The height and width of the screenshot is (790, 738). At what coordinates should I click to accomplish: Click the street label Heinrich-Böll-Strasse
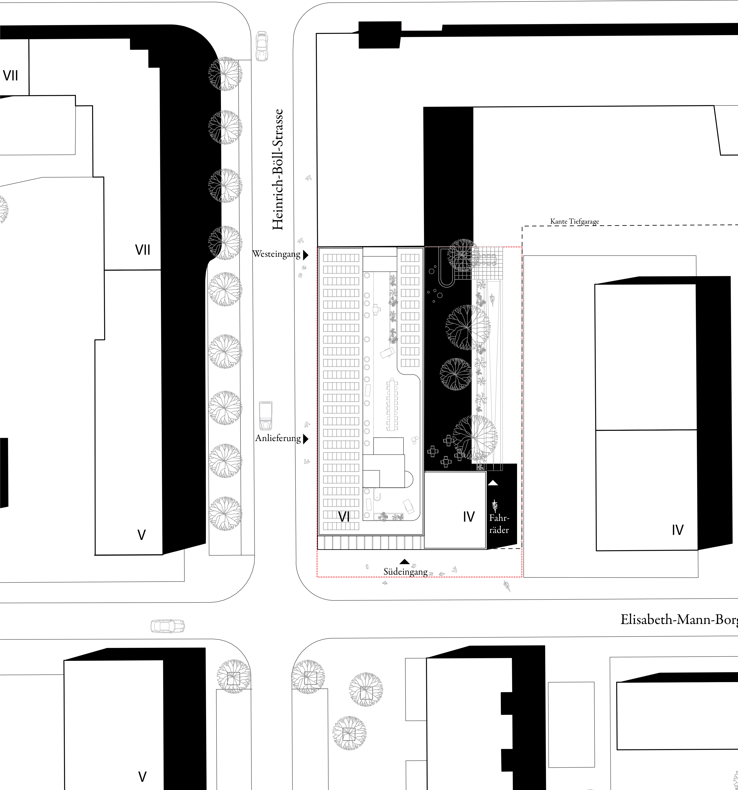click(x=278, y=170)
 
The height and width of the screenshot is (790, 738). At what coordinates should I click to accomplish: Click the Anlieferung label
click(x=278, y=438)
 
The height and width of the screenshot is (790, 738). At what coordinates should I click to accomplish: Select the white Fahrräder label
click(x=499, y=524)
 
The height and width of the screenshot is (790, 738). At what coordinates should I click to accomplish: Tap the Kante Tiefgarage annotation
click(x=575, y=221)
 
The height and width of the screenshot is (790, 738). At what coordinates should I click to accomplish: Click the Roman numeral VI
click(x=344, y=517)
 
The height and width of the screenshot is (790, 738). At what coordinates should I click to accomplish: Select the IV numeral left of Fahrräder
click(x=469, y=517)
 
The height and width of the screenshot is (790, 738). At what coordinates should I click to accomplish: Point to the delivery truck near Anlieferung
click(x=266, y=416)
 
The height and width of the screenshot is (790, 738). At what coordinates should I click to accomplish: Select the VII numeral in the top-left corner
click(x=11, y=75)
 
